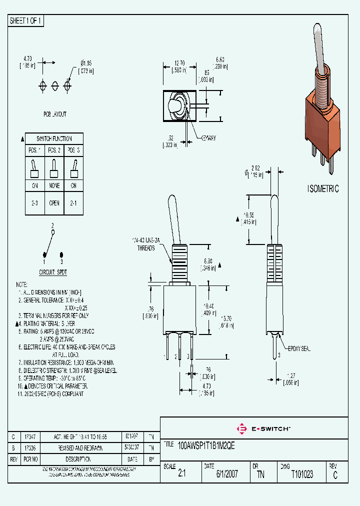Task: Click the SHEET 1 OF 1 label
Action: (26, 21)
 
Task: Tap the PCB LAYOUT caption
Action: (54, 114)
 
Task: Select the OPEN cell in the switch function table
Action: (54, 203)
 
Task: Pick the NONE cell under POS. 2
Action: (54, 185)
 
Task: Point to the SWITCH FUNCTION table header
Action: (54, 138)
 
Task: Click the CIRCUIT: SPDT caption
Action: (53, 272)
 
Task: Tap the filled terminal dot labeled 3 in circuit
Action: (61, 254)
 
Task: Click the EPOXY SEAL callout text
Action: (299, 349)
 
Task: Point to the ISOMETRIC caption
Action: (322, 189)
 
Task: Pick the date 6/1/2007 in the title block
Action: (227, 474)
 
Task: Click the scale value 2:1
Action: (181, 474)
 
